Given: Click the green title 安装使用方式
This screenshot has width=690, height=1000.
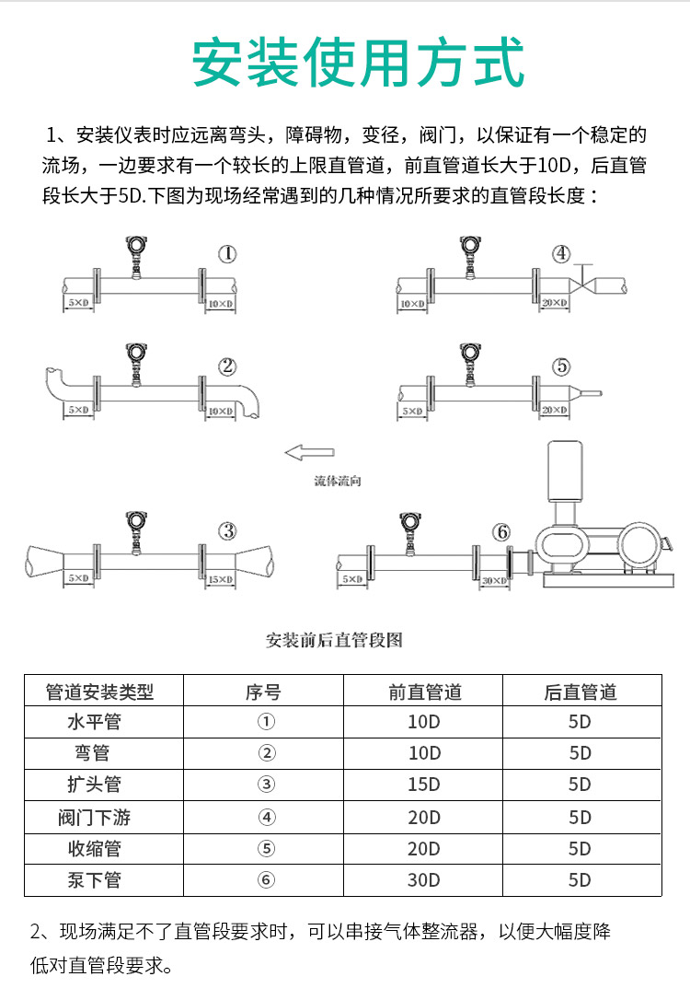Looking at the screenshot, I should pyautogui.click(x=358, y=63).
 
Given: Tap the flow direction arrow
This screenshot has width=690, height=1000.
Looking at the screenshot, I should pyautogui.click(x=310, y=451).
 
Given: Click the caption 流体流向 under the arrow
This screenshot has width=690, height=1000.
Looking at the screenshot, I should pyautogui.click(x=337, y=482).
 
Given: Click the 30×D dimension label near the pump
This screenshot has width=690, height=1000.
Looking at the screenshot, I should pyautogui.click(x=494, y=580).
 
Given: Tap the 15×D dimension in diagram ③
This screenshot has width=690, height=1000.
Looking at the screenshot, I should pyautogui.click(x=220, y=579).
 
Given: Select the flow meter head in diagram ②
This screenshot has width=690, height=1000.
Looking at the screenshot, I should pyautogui.click(x=136, y=355).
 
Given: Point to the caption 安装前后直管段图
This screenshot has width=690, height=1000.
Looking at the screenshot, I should pyautogui.click(x=334, y=641).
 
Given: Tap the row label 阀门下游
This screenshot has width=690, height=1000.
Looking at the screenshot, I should pyautogui.click(x=95, y=817).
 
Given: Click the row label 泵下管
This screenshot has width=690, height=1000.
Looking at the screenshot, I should pyautogui.click(x=95, y=879).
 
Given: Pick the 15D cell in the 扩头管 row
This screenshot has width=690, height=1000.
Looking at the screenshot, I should pyautogui.click(x=424, y=785).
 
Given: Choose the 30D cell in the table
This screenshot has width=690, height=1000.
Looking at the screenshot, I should pyautogui.click(x=424, y=879).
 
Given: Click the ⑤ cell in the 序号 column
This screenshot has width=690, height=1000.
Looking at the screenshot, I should pyautogui.click(x=266, y=848).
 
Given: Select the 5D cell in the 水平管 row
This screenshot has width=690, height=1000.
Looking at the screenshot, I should pyautogui.click(x=580, y=722).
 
